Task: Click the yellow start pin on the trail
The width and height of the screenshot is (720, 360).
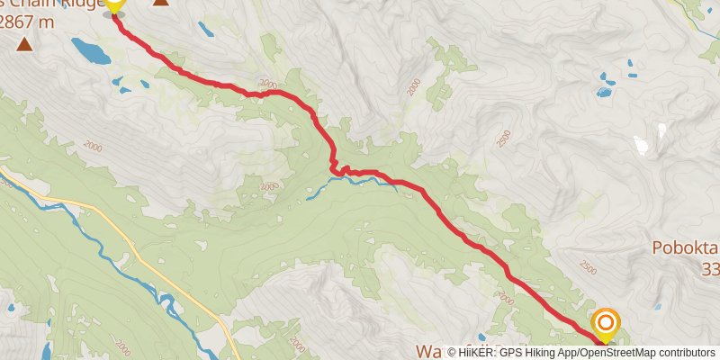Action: [114, 5]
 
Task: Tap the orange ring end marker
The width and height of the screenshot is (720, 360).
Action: [606, 322]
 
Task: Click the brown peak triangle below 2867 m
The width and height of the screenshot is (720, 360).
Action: [23, 43]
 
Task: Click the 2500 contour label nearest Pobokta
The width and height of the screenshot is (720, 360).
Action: [587, 267]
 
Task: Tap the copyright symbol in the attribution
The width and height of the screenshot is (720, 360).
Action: [452, 353]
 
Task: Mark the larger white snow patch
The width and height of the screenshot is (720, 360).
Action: [642, 145]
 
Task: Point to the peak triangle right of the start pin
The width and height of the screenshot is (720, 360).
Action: [160, 3]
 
